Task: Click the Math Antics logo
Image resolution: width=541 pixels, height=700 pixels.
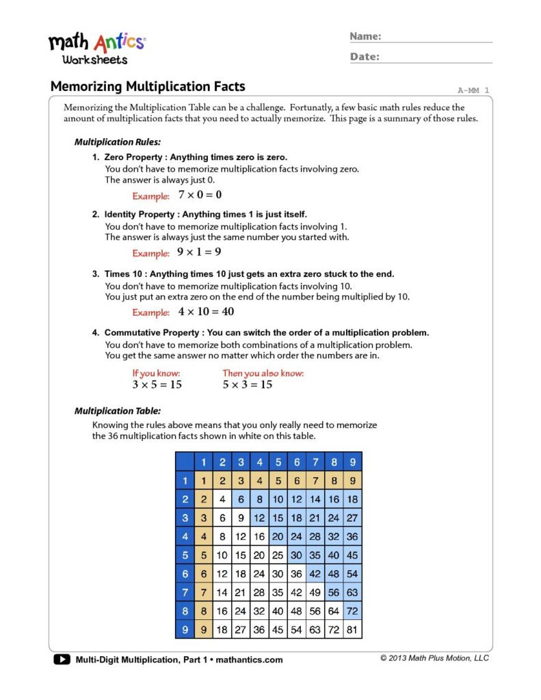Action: tap(96, 47)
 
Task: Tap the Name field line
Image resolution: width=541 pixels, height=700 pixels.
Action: tap(438, 40)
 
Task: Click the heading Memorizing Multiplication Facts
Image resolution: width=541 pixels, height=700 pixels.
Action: tap(148, 87)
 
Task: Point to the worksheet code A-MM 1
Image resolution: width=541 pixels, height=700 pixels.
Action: tap(473, 90)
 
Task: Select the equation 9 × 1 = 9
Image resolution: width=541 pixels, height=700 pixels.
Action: tap(199, 252)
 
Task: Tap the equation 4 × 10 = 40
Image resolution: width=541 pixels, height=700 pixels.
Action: tap(206, 312)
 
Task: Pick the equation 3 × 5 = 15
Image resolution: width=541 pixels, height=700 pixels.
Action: tap(157, 385)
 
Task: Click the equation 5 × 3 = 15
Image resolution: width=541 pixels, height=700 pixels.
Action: tap(247, 385)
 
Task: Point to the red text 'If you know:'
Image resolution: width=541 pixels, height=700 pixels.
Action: tap(156, 373)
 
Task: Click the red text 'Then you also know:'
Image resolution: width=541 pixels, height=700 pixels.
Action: tap(263, 373)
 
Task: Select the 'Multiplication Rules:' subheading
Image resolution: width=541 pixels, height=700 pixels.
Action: tap(117, 142)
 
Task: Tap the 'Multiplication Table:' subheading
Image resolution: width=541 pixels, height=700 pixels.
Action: tap(117, 411)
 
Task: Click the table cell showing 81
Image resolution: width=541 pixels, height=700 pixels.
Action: tap(352, 630)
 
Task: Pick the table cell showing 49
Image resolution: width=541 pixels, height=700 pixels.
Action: tap(315, 593)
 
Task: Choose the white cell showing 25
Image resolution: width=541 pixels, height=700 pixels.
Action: tap(278, 555)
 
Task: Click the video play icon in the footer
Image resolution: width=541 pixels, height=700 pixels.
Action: tap(61, 660)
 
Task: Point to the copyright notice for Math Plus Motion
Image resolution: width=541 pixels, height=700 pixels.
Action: tap(434, 658)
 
